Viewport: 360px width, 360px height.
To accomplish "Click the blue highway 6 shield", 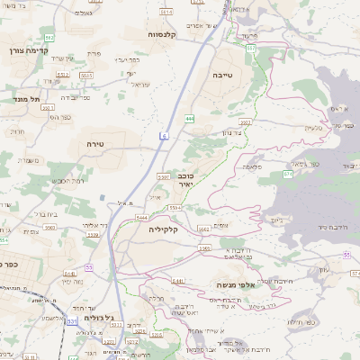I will pos(165,135).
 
